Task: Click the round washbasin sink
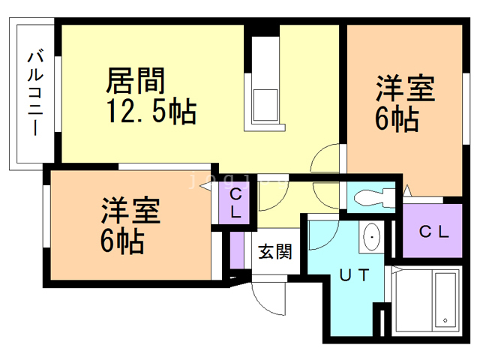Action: click(x=371, y=238)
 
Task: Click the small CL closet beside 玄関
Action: click(x=235, y=202)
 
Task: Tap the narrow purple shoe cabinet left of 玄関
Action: click(x=237, y=251)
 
